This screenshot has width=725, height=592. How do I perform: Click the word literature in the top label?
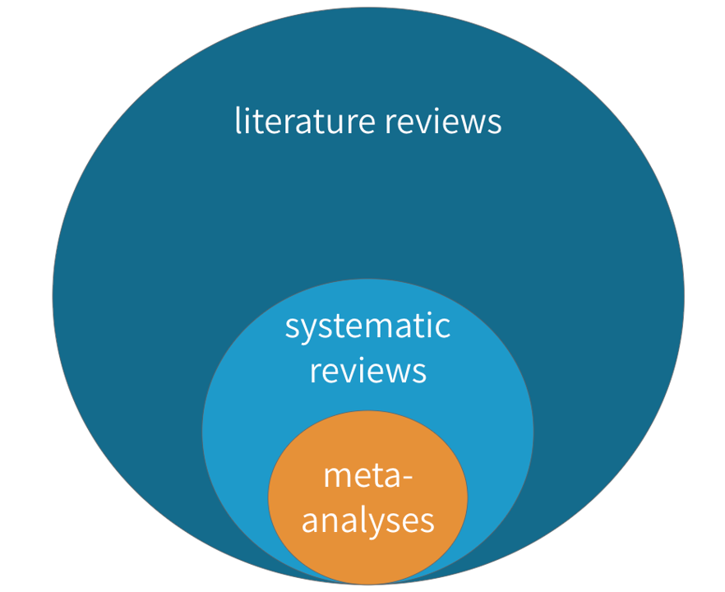pos(305,122)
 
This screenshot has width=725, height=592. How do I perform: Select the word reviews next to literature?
pos(443,122)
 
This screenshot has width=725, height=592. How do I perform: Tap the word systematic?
pos(367,326)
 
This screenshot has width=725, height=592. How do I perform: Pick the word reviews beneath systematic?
pos(367,370)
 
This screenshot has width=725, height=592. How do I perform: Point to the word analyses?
pos(367,520)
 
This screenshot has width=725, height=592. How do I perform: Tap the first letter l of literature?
pos(238,121)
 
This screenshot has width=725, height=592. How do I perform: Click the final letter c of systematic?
pos(444,328)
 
